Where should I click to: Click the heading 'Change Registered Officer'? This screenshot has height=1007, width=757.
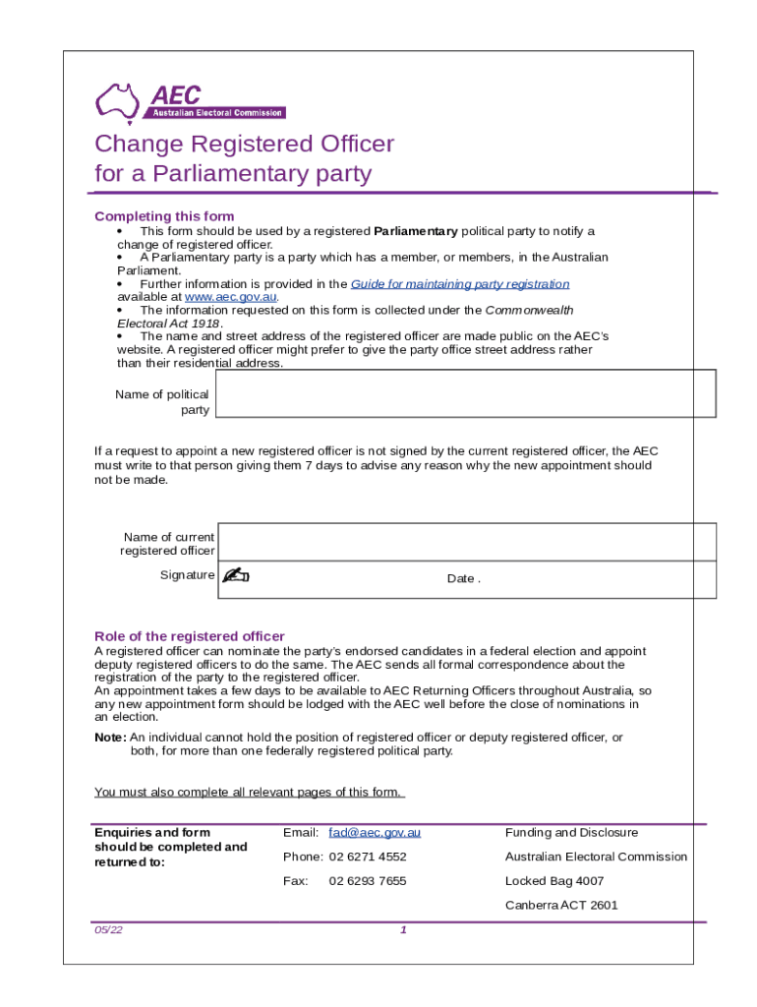click(244, 144)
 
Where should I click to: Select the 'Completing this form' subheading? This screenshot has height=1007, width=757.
click(163, 216)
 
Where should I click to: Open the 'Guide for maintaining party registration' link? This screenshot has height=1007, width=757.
click(460, 283)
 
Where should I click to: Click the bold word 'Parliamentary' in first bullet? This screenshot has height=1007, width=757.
click(416, 231)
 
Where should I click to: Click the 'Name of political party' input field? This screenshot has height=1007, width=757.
click(465, 393)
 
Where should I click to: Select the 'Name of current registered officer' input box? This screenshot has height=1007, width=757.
click(466, 542)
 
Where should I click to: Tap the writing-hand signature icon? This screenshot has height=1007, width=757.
click(236, 576)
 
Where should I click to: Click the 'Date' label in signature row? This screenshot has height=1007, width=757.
click(461, 578)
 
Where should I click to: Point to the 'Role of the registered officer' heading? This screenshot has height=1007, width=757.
click(189, 635)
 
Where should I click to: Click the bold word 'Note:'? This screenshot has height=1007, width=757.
click(109, 738)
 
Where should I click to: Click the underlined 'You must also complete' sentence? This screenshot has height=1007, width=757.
click(249, 793)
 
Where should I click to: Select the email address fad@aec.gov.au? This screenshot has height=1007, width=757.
click(375, 833)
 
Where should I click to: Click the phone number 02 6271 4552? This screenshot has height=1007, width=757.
click(368, 857)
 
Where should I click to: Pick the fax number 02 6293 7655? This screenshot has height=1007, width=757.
click(368, 881)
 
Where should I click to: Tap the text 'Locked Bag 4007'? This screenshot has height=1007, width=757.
click(554, 881)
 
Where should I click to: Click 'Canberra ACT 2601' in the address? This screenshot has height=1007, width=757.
click(561, 906)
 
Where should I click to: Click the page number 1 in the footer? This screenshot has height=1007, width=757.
click(403, 931)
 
